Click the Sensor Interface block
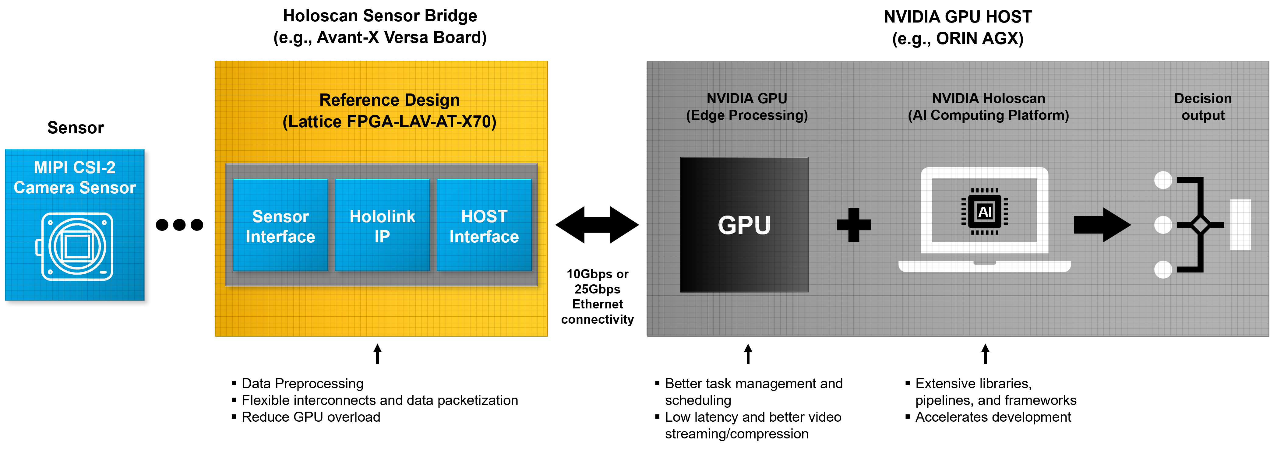[280, 225]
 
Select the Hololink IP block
[382, 225]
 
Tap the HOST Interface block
[484, 225]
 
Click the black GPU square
[744, 225]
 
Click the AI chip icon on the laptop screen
[985, 211]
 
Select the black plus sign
[853, 225]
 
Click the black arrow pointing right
[1102, 225]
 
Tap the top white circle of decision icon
[1163, 180]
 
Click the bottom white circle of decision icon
[1163, 270]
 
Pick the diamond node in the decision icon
[1200, 225]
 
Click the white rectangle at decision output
[1240, 225]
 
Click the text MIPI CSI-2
[74, 167]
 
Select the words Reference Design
[390, 100]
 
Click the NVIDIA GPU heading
[746, 99]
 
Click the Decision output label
[1203, 107]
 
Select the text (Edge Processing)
[746, 115]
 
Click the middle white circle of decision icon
[1163, 225]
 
